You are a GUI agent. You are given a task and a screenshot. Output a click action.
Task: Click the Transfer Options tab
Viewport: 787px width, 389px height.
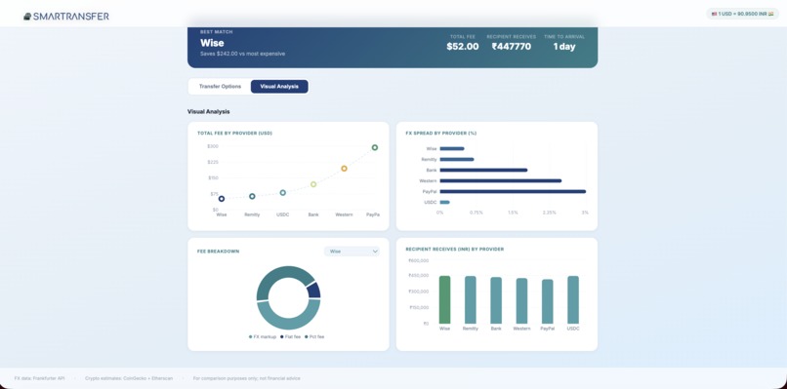coord(220,87)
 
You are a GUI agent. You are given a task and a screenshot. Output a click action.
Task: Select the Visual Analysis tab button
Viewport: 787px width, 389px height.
coord(279,87)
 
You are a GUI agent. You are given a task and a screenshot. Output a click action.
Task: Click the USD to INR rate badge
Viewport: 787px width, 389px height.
coord(743,14)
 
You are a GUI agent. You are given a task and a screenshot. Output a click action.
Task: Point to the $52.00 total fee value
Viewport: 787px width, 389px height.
coord(463,47)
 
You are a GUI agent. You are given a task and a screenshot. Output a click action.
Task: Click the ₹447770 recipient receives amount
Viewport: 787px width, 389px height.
coord(512,47)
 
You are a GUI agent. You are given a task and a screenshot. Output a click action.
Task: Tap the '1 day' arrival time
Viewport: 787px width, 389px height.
coord(564,47)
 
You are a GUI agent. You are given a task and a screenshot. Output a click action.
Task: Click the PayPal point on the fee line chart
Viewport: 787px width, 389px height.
coord(375,148)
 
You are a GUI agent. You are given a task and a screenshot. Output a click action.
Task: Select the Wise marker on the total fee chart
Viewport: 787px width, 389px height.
coord(222,199)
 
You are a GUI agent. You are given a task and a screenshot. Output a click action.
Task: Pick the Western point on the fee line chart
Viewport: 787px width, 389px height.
coord(344,169)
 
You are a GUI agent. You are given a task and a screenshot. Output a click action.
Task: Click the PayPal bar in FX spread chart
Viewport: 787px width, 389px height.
coord(512,191)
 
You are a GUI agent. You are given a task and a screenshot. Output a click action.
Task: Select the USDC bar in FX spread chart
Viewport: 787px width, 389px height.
coord(444,202)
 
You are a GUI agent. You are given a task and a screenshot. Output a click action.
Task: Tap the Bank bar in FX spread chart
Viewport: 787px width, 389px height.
coord(482,170)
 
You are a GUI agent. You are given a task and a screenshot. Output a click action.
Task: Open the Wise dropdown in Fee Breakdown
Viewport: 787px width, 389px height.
coord(352,252)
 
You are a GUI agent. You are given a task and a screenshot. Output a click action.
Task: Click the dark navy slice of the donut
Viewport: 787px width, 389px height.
coord(313,290)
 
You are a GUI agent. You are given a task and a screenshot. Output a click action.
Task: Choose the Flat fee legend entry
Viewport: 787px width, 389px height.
coord(291,336)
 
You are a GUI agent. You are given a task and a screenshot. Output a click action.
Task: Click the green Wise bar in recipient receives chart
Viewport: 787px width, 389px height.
coord(445,299)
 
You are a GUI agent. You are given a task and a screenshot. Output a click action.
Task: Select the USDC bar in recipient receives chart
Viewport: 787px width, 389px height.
coord(573,299)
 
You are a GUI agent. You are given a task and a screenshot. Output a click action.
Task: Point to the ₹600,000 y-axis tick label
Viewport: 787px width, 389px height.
coord(418,260)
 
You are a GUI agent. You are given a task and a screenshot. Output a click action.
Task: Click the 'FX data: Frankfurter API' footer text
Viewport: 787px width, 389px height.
coord(40,377)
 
